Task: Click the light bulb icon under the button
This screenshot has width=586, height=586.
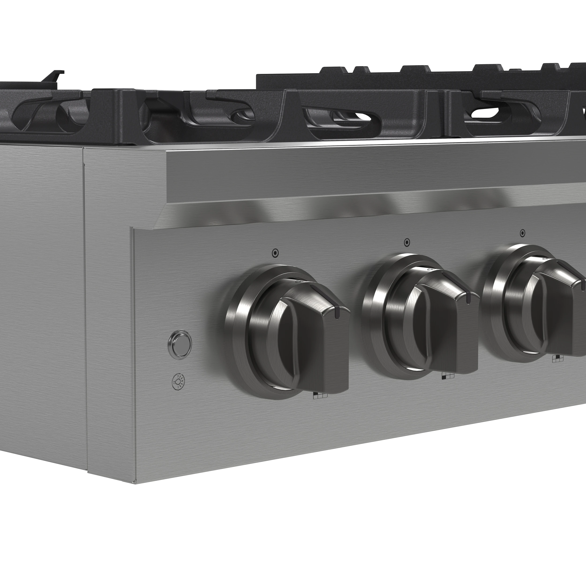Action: click(179, 381)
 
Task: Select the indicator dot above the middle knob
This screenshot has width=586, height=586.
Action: click(407, 242)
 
